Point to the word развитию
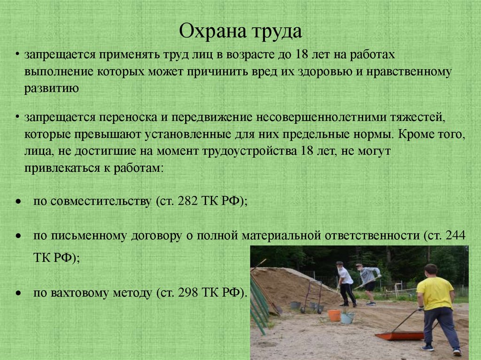52,88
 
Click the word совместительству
100,201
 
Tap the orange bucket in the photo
334,315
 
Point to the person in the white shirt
346,284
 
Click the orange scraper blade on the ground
399,336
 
